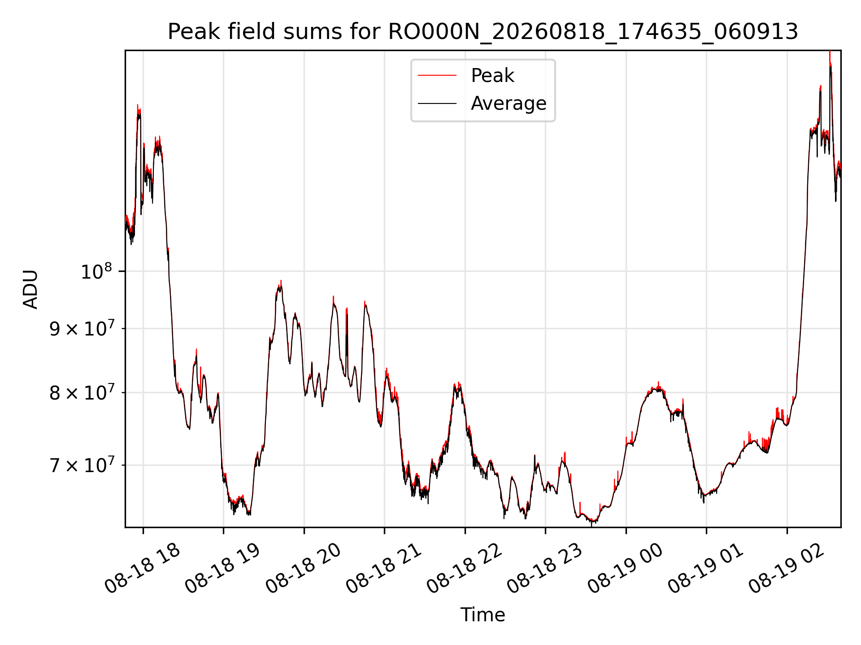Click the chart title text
click(483, 32)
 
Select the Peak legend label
click(492, 76)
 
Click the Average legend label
click(509, 103)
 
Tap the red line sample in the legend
click(437, 76)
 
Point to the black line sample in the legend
click(437, 103)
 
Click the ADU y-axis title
click(30, 289)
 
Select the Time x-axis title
click(483, 615)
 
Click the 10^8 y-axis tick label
click(96, 271)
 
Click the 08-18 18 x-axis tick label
click(143, 569)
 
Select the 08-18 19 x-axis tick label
click(223, 569)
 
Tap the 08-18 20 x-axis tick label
click(304, 569)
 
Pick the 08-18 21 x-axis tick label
click(384, 569)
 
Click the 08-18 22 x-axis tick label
click(465, 569)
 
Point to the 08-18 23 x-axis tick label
click(545, 569)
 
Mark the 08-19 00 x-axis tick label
click(626, 569)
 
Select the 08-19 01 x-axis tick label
click(706, 569)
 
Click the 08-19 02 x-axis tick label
click(787, 569)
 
